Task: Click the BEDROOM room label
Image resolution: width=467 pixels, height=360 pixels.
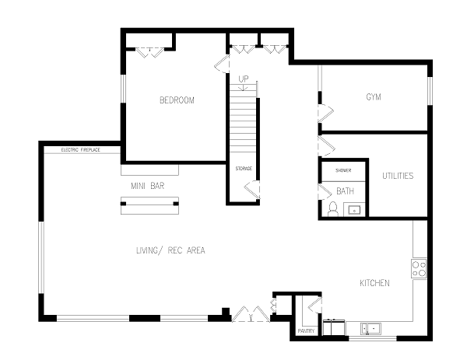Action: point(177,100)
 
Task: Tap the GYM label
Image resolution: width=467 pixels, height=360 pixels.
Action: point(374,97)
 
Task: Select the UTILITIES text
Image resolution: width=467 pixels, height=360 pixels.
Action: point(398,176)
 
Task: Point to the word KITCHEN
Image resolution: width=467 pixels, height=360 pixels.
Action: point(374,283)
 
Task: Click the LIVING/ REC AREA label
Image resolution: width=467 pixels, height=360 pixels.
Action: point(170,250)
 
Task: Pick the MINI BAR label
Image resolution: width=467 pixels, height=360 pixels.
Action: point(148,186)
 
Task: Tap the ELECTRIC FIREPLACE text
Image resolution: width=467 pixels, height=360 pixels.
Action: point(81,150)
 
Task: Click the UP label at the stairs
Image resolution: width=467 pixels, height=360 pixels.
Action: point(244,79)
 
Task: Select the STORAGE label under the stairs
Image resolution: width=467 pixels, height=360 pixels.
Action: point(244,169)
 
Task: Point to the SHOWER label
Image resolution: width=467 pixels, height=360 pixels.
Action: point(343,170)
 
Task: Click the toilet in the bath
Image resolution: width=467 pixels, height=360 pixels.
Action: point(333,209)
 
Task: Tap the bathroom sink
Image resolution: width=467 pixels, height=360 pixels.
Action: point(354,210)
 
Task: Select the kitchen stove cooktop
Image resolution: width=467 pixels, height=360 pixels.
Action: point(419,269)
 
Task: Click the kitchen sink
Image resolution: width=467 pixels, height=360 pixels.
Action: point(370,329)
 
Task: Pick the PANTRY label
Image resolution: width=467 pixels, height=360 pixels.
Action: point(306,331)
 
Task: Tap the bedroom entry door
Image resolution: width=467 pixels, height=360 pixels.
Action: point(222,64)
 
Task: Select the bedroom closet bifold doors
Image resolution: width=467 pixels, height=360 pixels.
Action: point(149,52)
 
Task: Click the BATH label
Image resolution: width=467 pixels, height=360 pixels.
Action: point(345,191)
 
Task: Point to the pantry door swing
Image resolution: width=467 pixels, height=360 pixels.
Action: point(314,306)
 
